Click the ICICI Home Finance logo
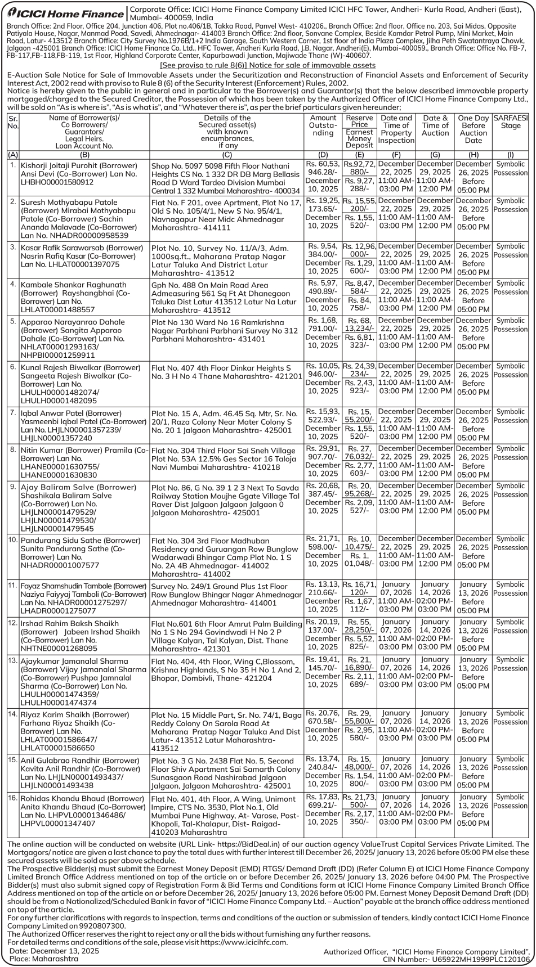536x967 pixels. click(x=63, y=14)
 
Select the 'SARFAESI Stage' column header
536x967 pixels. click(x=510, y=122)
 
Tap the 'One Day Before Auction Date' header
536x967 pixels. click(x=473, y=129)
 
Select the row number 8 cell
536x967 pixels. click(x=13, y=450)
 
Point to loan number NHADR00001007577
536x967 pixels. click(x=60, y=565)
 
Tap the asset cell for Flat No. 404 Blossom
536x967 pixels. click(x=226, y=669)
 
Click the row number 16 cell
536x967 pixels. click(x=13, y=798)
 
